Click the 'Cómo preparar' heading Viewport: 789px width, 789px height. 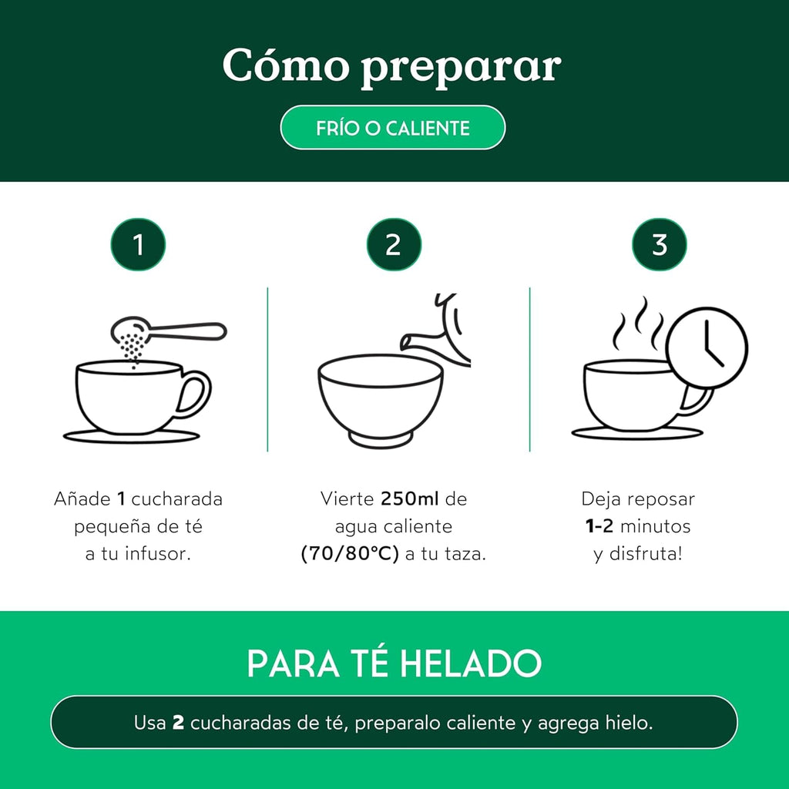tap(391, 67)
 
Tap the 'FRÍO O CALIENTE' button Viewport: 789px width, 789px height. tap(392, 128)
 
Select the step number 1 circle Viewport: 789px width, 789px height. tap(138, 245)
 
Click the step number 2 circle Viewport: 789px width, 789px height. tap(394, 245)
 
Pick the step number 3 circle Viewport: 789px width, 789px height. tap(660, 245)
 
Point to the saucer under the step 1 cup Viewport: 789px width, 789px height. tap(131, 437)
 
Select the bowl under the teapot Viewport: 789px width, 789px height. tap(381, 397)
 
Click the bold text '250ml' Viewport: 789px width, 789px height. tap(409, 499)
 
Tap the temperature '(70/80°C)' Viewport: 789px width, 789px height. tap(350, 555)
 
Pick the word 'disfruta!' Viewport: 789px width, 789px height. tap(648, 555)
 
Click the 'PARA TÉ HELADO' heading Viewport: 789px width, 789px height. tap(394, 663)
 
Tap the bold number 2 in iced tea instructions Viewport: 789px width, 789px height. tap(178, 724)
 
